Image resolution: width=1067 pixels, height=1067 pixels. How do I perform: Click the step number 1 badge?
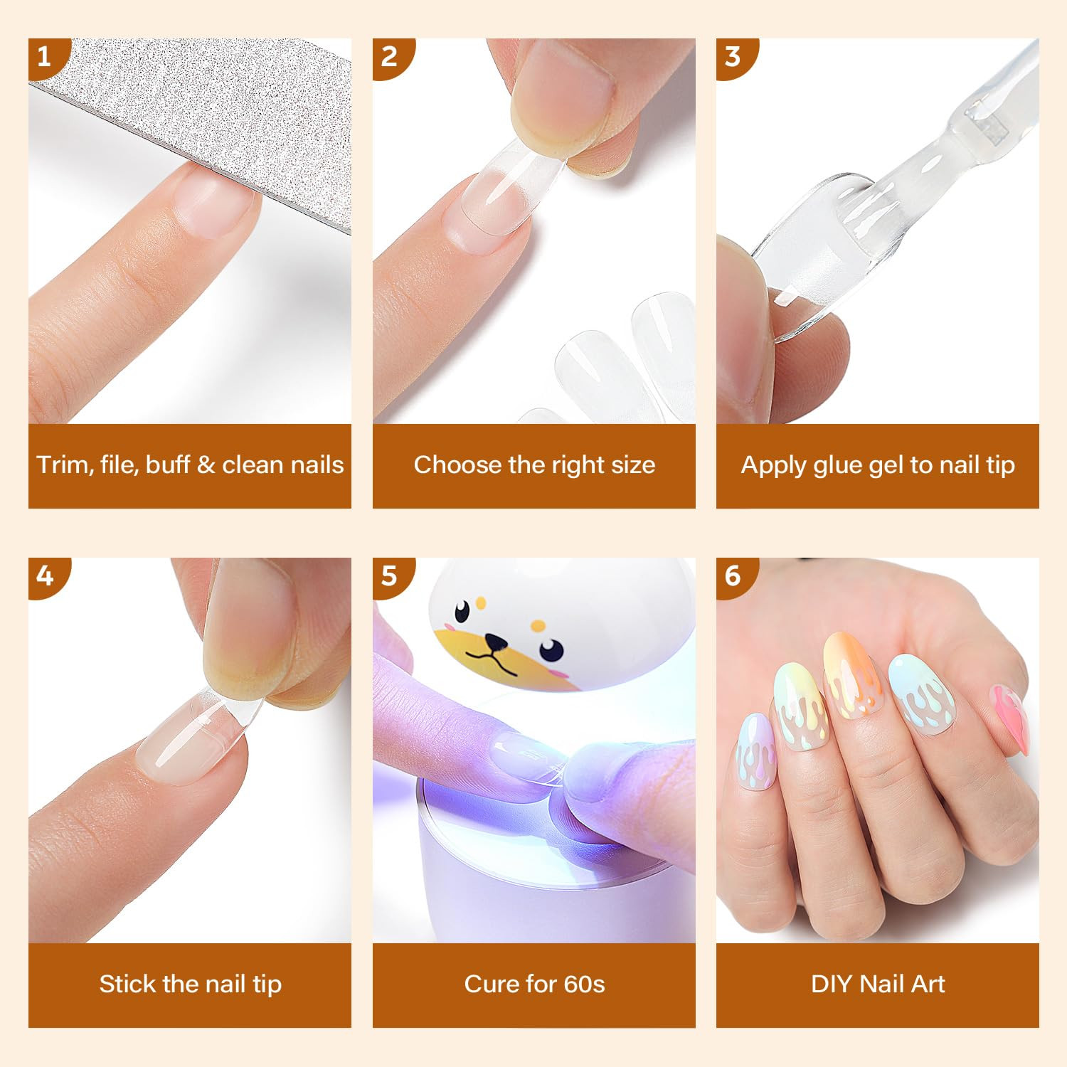pyautogui.click(x=45, y=56)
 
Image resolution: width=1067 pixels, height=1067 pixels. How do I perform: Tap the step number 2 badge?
pyautogui.click(x=389, y=56)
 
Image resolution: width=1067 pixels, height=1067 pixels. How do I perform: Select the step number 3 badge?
pyautogui.click(x=733, y=56)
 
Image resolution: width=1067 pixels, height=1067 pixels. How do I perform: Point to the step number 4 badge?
pyautogui.click(x=45, y=575)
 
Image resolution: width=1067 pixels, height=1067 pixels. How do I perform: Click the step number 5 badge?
pyautogui.click(x=389, y=575)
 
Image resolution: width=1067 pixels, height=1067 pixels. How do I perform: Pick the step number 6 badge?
pyautogui.click(x=733, y=575)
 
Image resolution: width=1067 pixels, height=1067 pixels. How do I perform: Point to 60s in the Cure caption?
pyautogui.click(x=583, y=984)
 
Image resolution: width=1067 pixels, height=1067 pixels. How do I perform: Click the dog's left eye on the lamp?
pyautogui.click(x=462, y=610)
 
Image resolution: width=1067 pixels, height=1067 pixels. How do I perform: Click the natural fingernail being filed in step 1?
pyautogui.click(x=213, y=203)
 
